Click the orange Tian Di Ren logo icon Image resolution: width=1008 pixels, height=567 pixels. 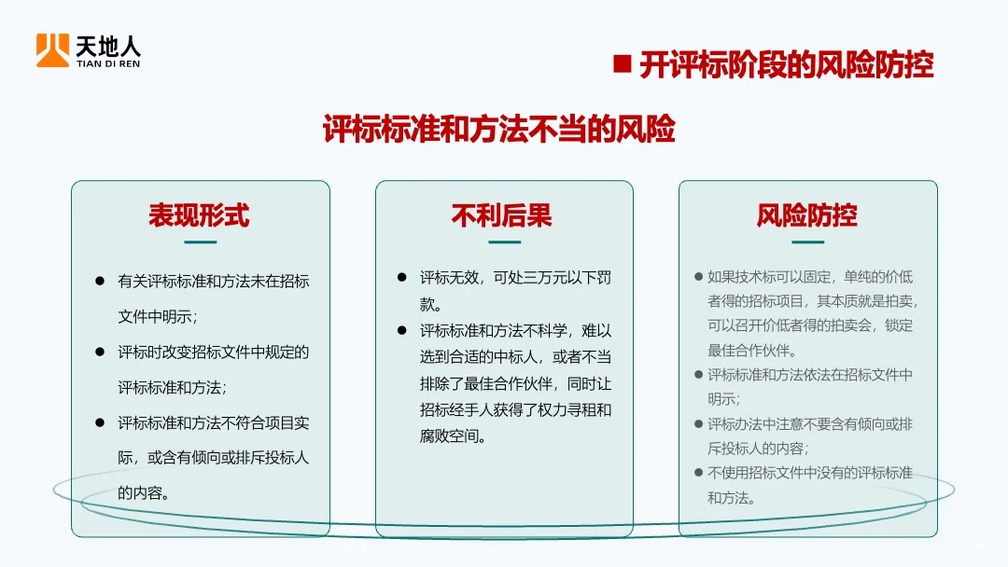coord(52,50)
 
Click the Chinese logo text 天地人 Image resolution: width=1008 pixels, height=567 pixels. coord(108,45)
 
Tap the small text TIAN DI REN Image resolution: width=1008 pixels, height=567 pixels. coord(108,64)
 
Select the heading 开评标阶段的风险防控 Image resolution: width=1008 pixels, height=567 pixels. coord(786,65)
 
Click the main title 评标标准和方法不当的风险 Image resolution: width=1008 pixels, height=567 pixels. coord(499,130)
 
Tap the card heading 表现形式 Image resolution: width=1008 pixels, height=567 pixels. coord(200,215)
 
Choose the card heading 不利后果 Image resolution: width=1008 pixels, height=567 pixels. coord(502,215)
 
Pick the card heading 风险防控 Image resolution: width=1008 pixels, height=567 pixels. coord(806,215)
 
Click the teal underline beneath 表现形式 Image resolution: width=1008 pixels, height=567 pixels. coord(200,242)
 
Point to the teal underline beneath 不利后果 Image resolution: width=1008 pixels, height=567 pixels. coord(504,242)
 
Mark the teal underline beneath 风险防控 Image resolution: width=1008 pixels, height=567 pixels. coord(807,242)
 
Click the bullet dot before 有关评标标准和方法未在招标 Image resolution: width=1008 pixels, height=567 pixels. coord(100,281)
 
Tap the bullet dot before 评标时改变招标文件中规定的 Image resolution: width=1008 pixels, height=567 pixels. coord(100,352)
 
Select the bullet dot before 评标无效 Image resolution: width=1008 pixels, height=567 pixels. coord(402,278)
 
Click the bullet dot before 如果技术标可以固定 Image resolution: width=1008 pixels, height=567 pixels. coord(698,277)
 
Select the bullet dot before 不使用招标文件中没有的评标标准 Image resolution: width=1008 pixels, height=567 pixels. coord(698,473)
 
